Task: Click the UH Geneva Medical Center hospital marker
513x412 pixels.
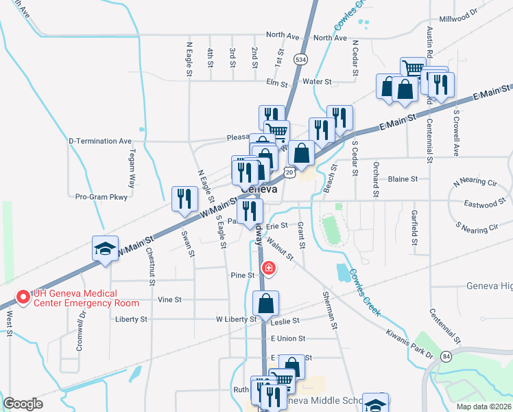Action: pyautogui.click(x=23, y=297)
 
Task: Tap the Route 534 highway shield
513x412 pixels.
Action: pyautogui.click(x=300, y=60)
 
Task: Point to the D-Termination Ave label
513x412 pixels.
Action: pyautogui.click(x=99, y=141)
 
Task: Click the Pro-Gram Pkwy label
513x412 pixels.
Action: pyautogui.click(x=102, y=196)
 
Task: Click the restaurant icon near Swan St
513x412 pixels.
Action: pyautogui.click(x=183, y=198)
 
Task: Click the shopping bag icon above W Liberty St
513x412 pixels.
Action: pyautogui.click(x=265, y=303)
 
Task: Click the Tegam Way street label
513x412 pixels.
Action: pyautogui.click(x=131, y=169)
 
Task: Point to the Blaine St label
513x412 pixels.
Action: pyautogui.click(x=403, y=179)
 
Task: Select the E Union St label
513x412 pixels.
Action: pyautogui.click(x=287, y=339)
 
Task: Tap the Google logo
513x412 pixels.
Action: pyautogui.click(x=23, y=404)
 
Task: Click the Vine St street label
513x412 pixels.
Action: pyautogui.click(x=169, y=299)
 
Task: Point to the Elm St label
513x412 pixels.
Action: pyautogui.click(x=276, y=82)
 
